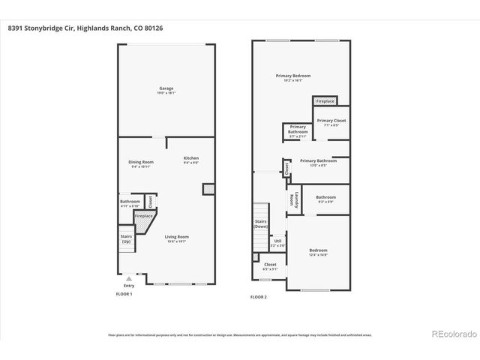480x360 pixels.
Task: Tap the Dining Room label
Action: click(x=142, y=164)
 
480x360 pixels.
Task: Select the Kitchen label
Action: click(x=190, y=160)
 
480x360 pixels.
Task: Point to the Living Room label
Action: click(x=176, y=238)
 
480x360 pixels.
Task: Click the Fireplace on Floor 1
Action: click(x=143, y=216)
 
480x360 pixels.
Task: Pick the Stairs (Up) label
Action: click(x=126, y=239)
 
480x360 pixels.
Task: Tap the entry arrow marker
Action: click(x=128, y=278)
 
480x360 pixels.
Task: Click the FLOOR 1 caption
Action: click(x=124, y=294)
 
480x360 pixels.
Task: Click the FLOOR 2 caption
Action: click(x=258, y=297)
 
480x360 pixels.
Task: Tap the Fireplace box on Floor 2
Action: click(x=325, y=100)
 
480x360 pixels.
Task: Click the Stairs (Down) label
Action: click(x=260, y=224)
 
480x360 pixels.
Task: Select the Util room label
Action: click(x=277, y=242)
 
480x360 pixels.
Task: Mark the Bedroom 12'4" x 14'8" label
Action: click(x=318, y=251)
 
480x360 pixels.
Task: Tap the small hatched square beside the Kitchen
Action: click(x=208, y=190)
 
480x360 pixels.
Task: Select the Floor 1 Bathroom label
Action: click(x=130, y=203)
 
